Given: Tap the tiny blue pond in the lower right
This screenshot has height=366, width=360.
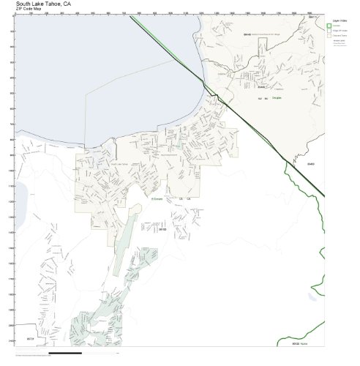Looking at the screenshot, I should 312,298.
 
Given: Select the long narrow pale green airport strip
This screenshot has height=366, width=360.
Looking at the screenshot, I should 129,231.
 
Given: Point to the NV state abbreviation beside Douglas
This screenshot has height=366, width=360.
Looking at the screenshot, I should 258,97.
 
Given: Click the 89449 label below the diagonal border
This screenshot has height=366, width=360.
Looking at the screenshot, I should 309,164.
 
